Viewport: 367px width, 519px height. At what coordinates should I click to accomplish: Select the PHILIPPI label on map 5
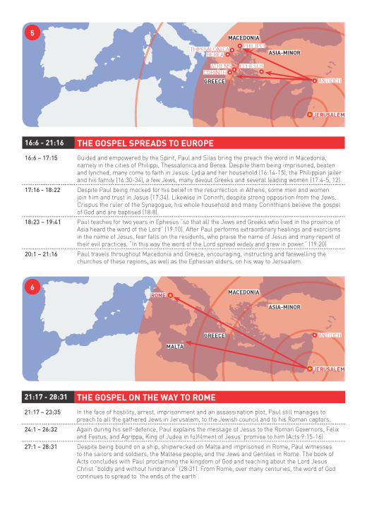tap(255, 46)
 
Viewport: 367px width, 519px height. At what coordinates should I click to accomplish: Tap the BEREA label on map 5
tap(215, 54)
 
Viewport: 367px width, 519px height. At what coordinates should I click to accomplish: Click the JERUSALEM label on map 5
tap(329, 114)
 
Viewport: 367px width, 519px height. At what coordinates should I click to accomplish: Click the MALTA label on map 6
tap(175, 347)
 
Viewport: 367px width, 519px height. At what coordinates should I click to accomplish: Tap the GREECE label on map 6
tap(215, 335)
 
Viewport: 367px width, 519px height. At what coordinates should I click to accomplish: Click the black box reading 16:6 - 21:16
tap(44, 143)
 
